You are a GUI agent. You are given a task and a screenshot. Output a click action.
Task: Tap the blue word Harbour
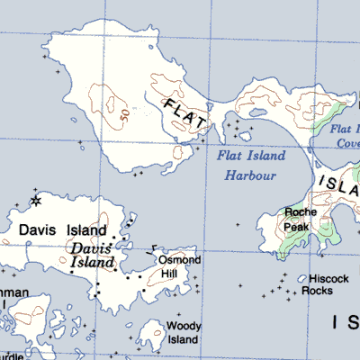point(251,176)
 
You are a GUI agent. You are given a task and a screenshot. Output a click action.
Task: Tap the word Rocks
point(317,292)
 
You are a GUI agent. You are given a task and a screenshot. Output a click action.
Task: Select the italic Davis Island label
point(93,255)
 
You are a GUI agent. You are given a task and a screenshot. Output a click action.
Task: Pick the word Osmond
point(179,261)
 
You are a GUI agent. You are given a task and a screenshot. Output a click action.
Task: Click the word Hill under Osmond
point(168,273)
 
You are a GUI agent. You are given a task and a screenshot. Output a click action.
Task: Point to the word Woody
point(183,327)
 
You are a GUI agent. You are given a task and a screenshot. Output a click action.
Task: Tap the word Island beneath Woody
point(183,340)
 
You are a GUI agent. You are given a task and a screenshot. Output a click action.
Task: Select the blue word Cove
point(348,144)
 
